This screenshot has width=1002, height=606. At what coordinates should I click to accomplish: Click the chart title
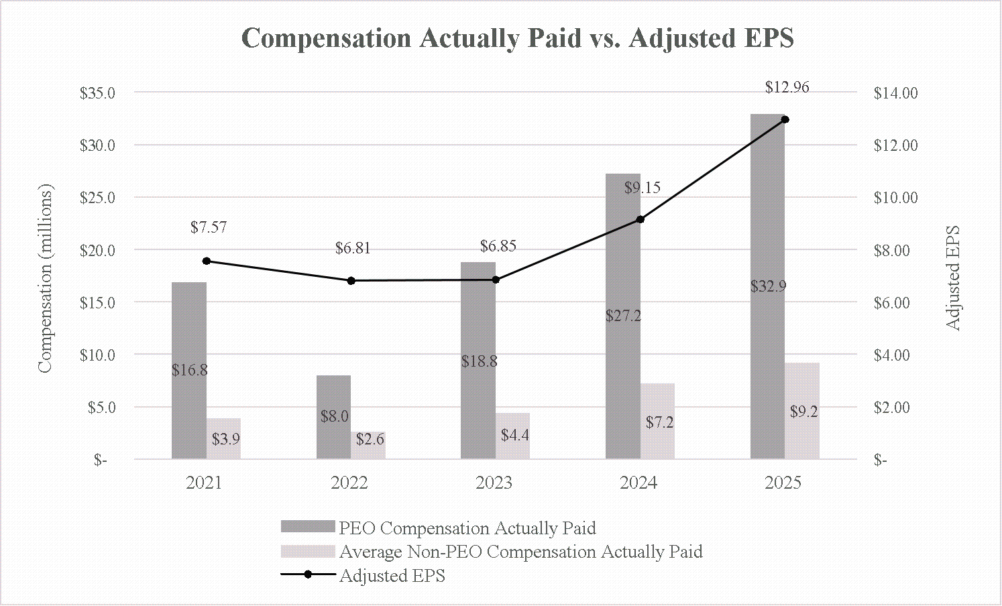click(x=517, y=38)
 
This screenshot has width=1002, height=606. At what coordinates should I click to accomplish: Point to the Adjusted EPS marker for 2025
click(x=785, y=119)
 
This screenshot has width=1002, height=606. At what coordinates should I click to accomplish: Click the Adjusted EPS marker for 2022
click(x=351, y=281)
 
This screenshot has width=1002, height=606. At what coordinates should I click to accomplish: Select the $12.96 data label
click(x=787, y=87)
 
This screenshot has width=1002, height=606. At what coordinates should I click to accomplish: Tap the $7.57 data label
click(x=209, y=227)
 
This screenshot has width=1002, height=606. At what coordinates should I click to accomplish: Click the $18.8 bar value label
click(x=480, y=361)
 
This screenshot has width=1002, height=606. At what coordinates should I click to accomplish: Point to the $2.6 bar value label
click(x=370, y=439)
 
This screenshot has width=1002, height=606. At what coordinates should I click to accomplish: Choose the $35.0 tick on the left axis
click(x=98, y=93)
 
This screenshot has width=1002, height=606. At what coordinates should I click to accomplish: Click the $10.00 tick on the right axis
click(x=895, y=198)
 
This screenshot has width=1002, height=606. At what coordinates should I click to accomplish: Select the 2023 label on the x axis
click(x=494, y=483)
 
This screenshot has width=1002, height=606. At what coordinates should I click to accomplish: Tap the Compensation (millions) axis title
click(x=44, y=279)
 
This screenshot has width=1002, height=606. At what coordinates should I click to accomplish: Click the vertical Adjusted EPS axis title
click(x=953, y=278)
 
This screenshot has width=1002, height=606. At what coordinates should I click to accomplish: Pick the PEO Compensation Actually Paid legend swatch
click(x=307, y=527)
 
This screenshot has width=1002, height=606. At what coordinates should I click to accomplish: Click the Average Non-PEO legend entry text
click(x=520, y=552)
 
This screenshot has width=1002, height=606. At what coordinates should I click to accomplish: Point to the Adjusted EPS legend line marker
click(x=308, y=575)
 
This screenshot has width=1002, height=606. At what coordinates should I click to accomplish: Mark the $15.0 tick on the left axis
click(x=98, y=302)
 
